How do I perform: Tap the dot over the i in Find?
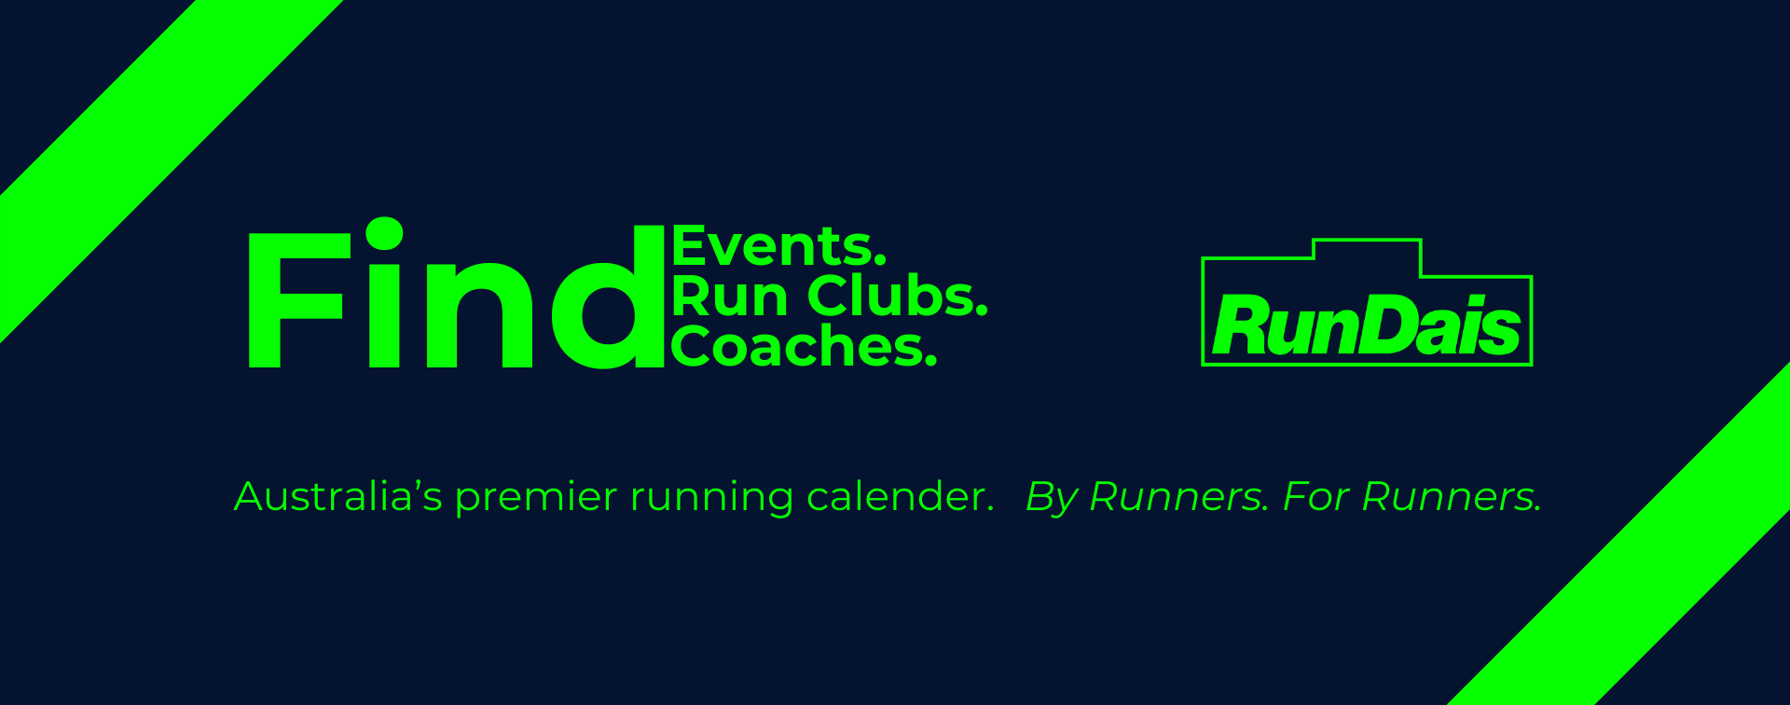(x=384, y=233)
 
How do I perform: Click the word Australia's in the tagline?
(x=338, y=496)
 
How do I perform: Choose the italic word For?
(x=1315, y=496)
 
